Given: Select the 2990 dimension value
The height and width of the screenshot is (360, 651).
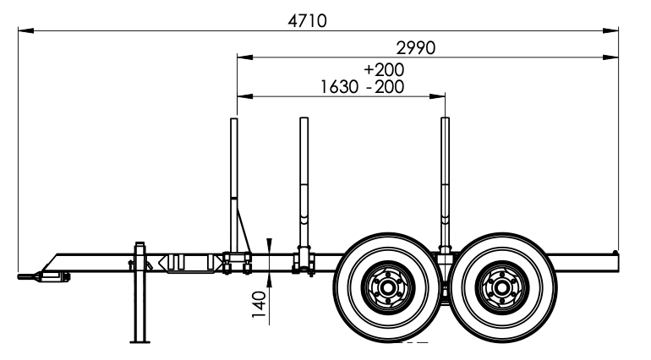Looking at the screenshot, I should tap(415, 47).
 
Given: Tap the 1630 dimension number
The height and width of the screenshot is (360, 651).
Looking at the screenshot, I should tap(340, 86).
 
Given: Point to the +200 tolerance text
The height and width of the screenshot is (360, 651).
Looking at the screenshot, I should tap(384, 69).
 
